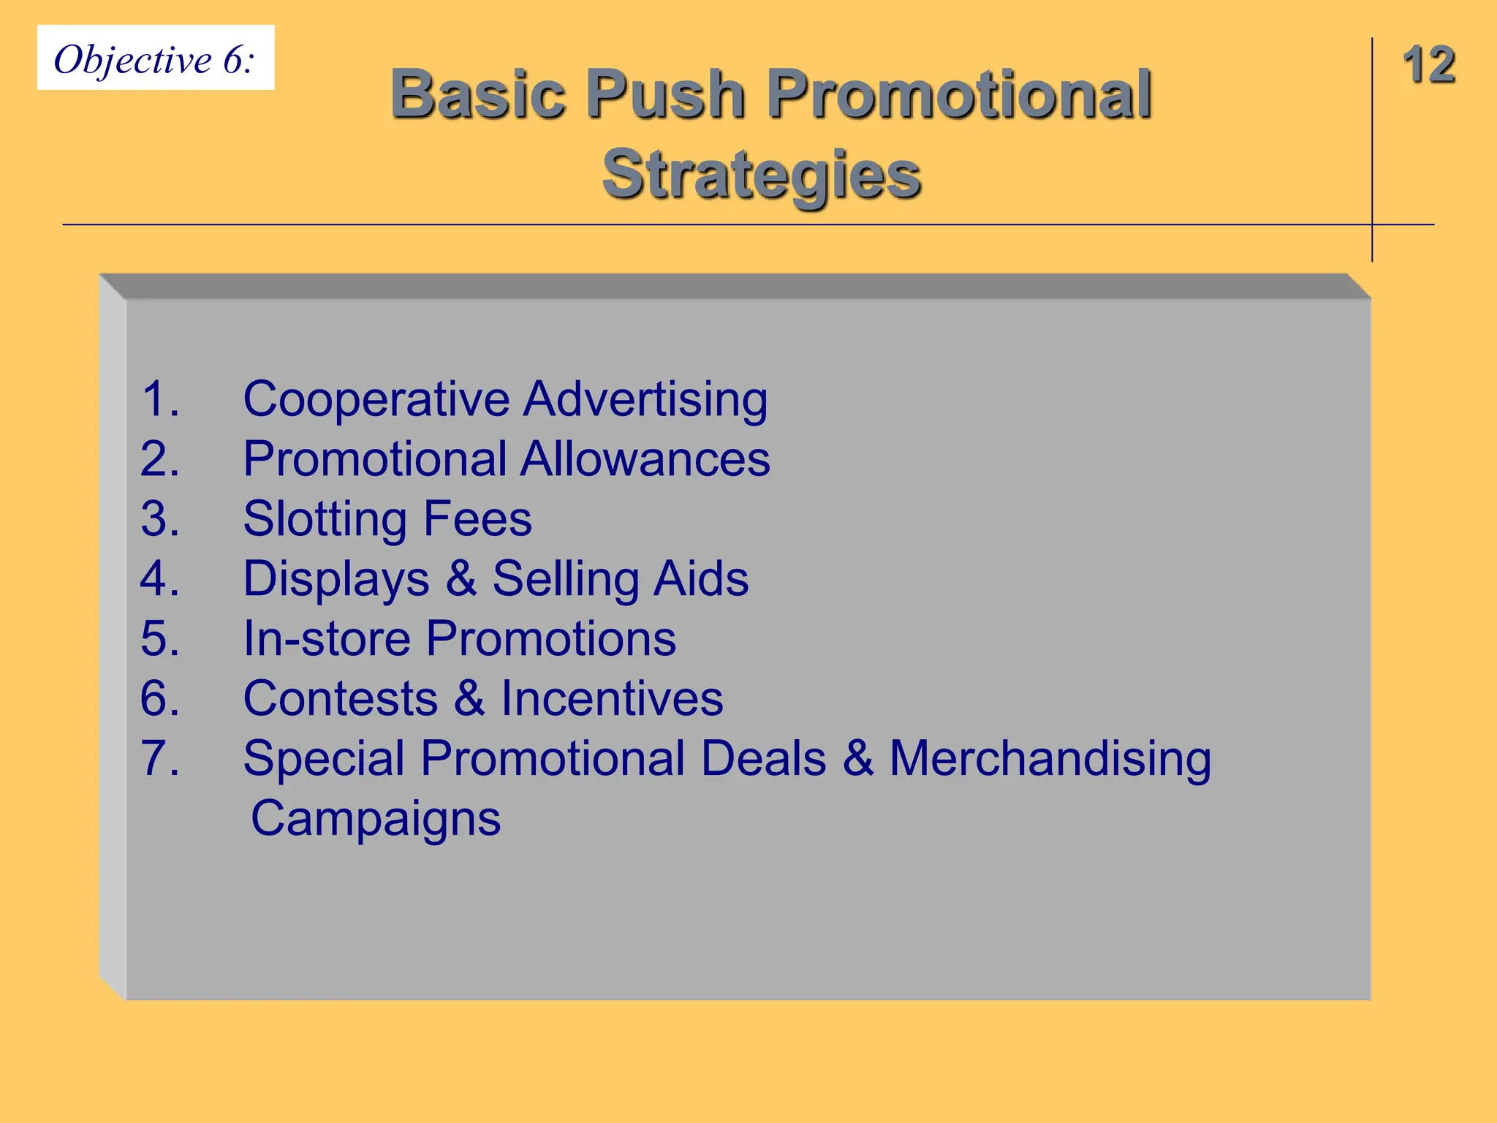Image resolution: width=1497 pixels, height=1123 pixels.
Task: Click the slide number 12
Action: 1428,65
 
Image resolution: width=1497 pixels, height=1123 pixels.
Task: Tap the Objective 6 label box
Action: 156,58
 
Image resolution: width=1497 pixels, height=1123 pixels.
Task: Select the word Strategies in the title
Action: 761,175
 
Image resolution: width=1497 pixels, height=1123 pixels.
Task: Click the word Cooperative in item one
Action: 376,399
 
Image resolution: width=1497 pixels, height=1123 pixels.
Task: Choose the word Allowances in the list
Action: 645,459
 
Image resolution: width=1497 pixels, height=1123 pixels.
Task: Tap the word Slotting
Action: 325,519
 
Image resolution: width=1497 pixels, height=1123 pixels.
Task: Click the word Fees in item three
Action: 477,519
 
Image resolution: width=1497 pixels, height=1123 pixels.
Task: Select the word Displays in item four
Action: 336,579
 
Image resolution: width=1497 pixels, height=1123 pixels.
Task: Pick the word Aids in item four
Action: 700,579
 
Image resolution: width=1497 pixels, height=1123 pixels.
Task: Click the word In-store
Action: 327,639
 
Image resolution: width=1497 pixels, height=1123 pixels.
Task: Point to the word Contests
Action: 340,699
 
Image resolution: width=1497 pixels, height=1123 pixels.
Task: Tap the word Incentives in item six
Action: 612,699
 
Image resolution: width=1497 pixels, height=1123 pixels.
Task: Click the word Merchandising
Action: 1050,759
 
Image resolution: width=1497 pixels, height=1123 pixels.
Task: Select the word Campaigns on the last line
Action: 376,819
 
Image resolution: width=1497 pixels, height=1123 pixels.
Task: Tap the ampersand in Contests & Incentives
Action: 469,699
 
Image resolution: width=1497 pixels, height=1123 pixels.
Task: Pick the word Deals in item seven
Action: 763,759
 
